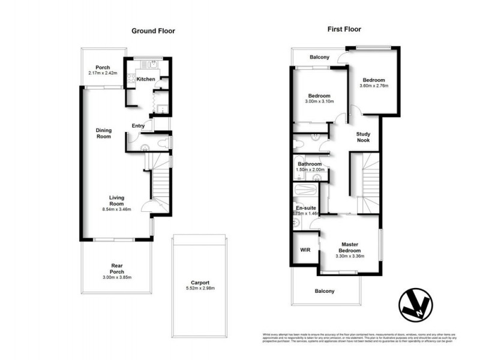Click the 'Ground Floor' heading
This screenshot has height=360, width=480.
click(x=153, y=31)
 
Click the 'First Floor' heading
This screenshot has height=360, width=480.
click(x=344, y=29)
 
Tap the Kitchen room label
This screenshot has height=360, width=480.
click(x=146, y=79)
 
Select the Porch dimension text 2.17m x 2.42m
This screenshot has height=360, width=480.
click(x=102, y=73)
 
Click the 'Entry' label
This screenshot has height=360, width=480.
click(x=138, y=125)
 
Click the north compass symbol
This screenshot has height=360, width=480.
click(x=416, y=305)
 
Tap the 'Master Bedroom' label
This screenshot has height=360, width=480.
click(x=349, y=247)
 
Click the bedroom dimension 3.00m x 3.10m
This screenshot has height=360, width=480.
click(x=319, y=102)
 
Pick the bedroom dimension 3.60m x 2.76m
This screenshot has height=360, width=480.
click(x=373, y=86)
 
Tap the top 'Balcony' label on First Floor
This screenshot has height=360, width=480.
click(x=319, y=58)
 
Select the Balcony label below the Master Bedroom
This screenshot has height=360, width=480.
click(x=325, y=291)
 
